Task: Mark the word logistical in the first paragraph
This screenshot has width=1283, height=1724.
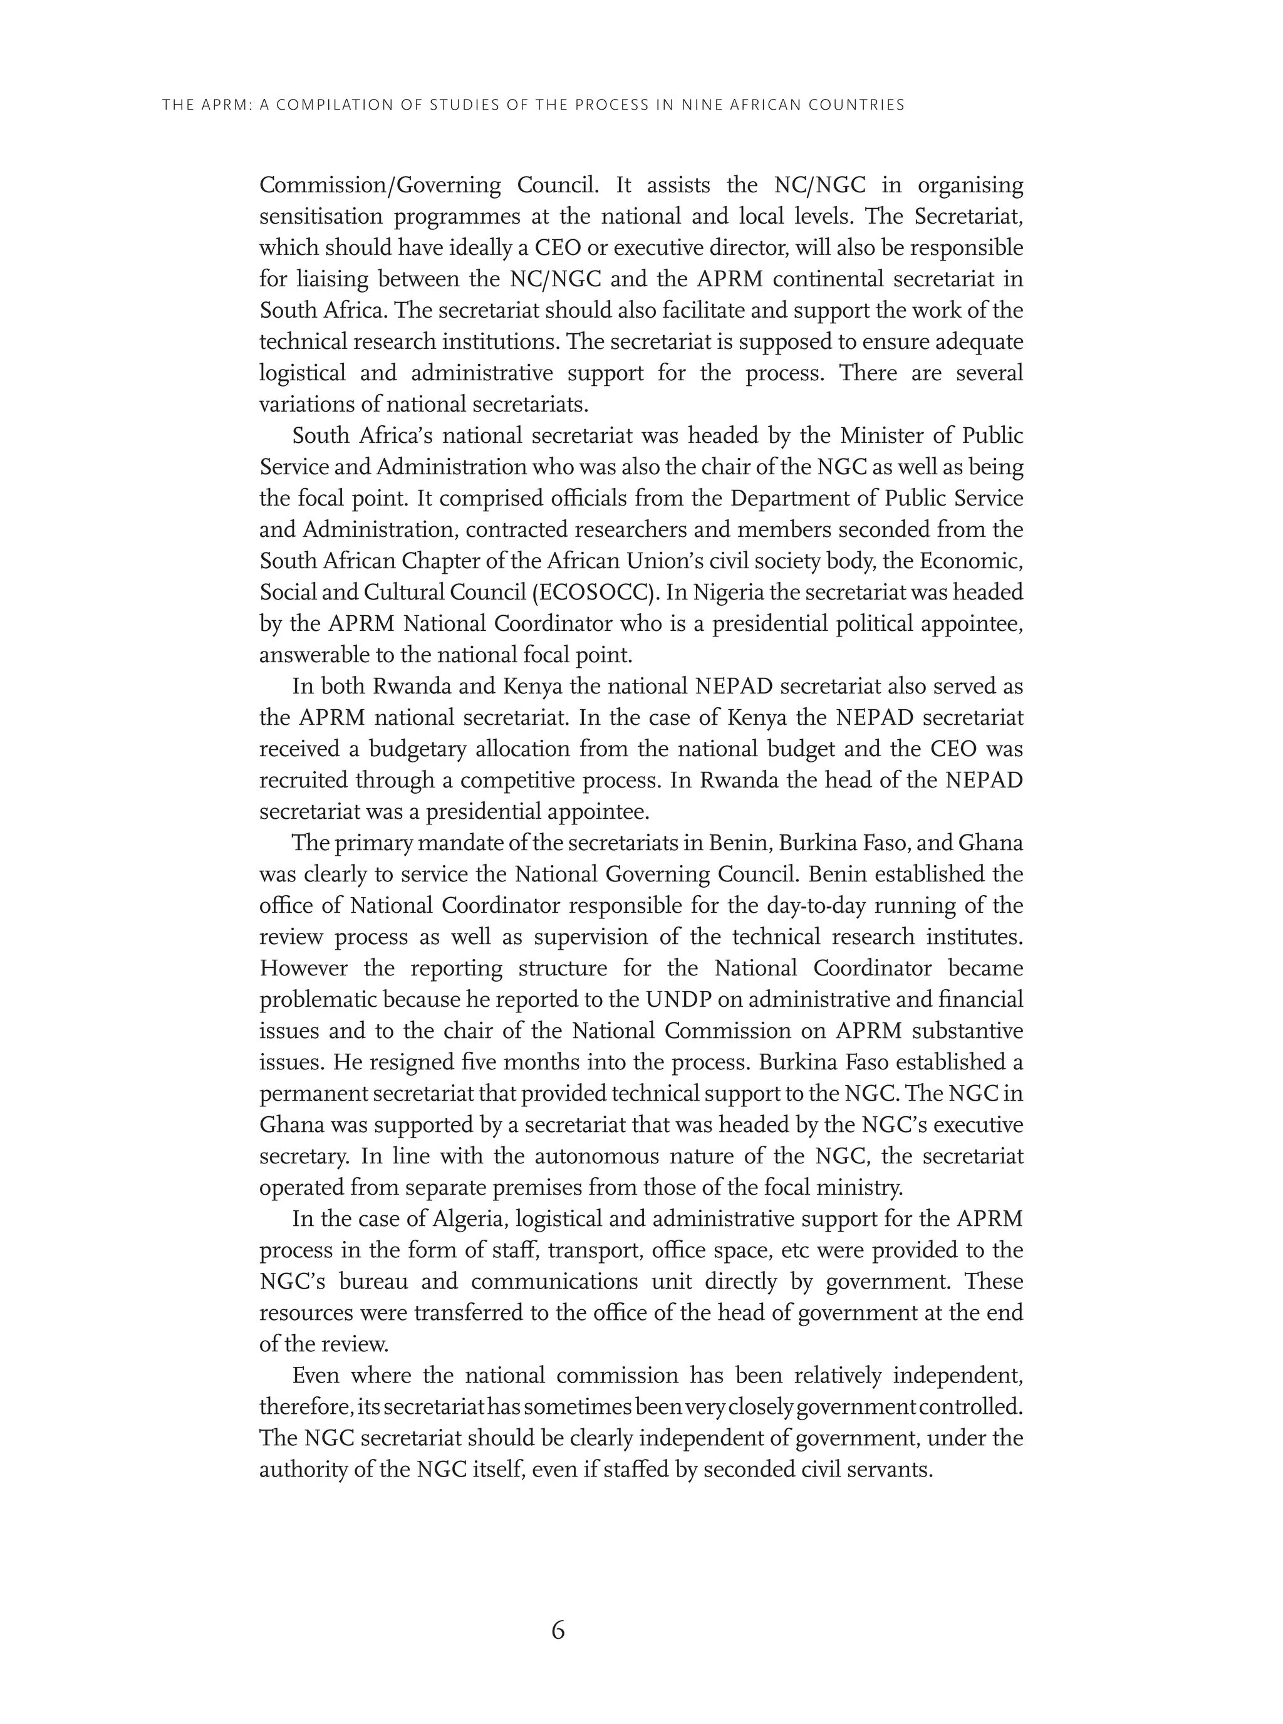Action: [301, 373]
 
